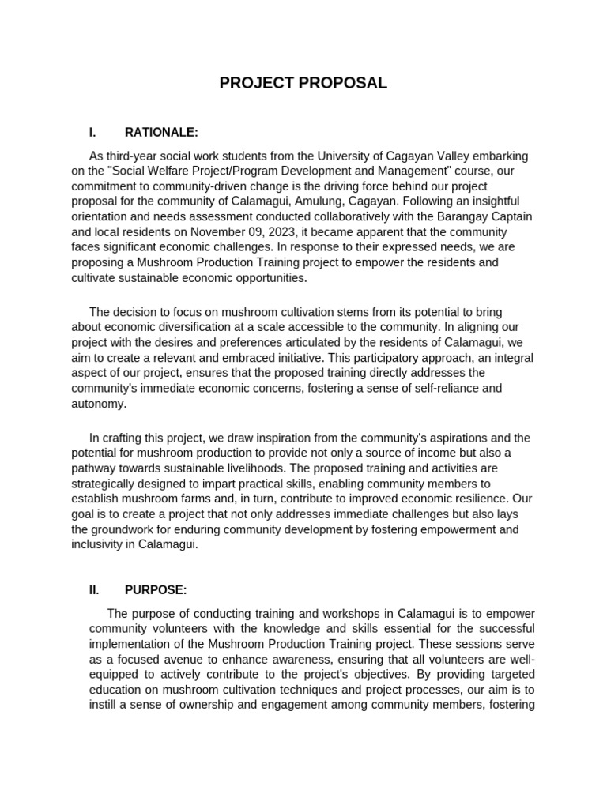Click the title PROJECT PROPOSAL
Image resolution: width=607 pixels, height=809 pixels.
tap(303, 83)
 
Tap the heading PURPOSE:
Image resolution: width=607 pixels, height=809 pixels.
tap(156, 589)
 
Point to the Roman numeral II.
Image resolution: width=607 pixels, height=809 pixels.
tap(94, 589)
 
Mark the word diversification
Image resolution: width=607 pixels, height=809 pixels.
tap(217, 327)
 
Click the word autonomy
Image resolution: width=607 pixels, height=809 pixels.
tap(99, 403)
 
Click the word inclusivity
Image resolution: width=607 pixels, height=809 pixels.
tap(99, 544)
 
